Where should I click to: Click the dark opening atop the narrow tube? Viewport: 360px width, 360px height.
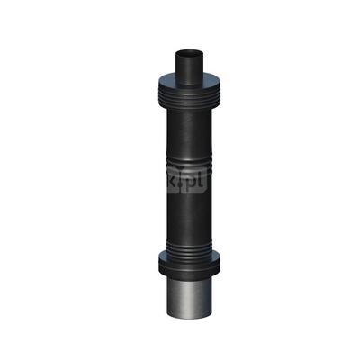coord(189,52)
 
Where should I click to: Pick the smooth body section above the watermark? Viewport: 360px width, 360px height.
coord(189,126)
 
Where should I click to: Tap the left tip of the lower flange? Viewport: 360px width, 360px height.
coord(157,263)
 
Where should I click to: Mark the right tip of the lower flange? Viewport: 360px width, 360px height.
coord(221,263)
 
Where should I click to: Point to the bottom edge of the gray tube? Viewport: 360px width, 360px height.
coord(189,317)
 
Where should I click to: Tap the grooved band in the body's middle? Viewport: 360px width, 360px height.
coord(189,163)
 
